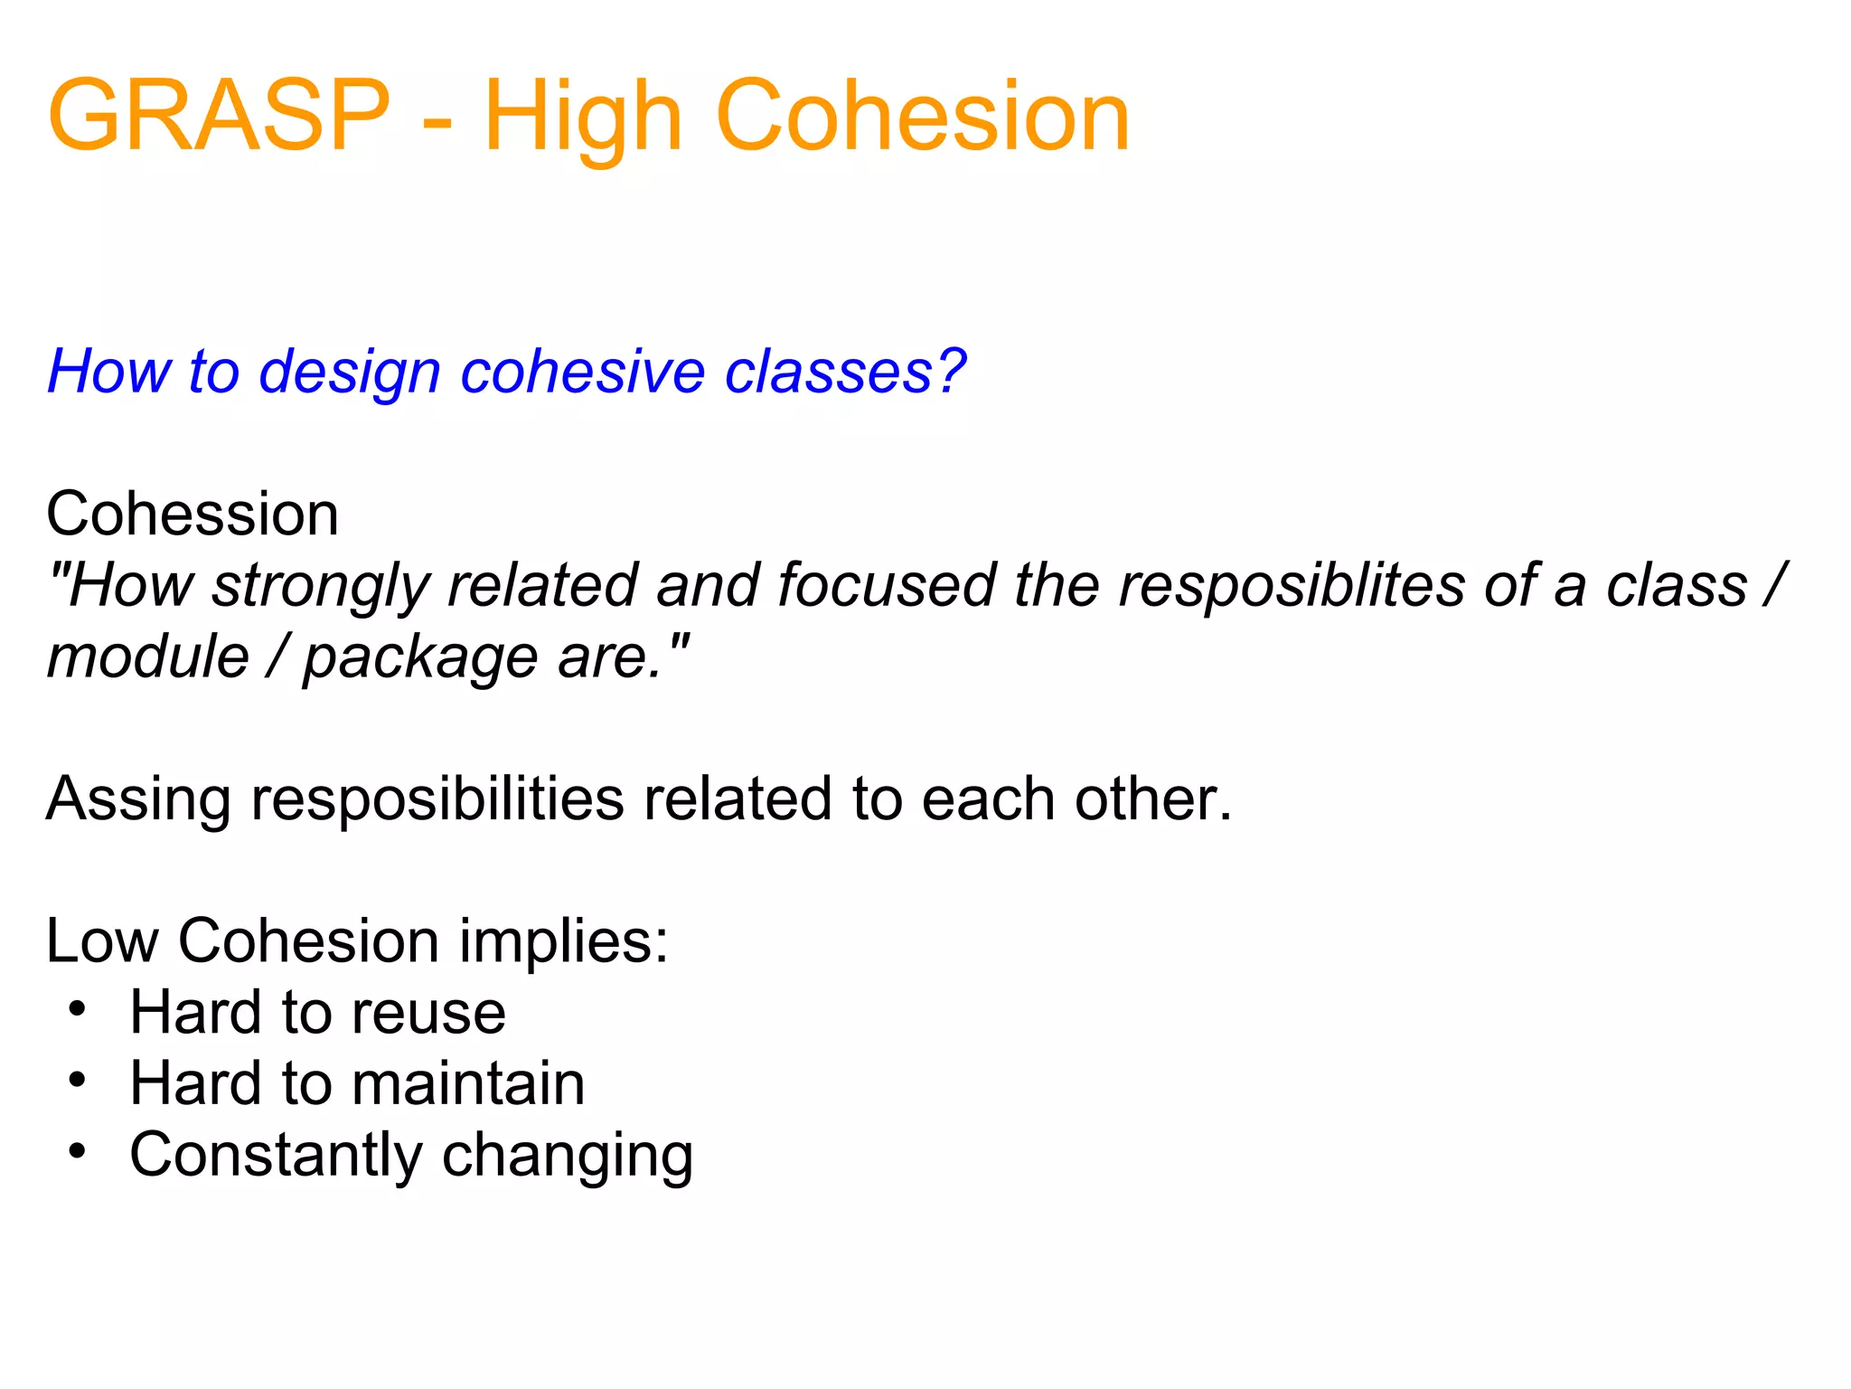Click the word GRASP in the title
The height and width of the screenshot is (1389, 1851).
point(219,116)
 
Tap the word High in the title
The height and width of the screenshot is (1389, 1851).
point(583,118)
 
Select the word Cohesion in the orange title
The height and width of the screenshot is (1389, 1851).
point(922,116)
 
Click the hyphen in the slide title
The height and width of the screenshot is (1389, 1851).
point(437,122)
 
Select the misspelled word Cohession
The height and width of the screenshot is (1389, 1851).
point(193,514)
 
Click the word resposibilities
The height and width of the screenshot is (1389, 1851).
point(437,800)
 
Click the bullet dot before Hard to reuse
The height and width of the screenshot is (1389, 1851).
point(78,1008)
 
